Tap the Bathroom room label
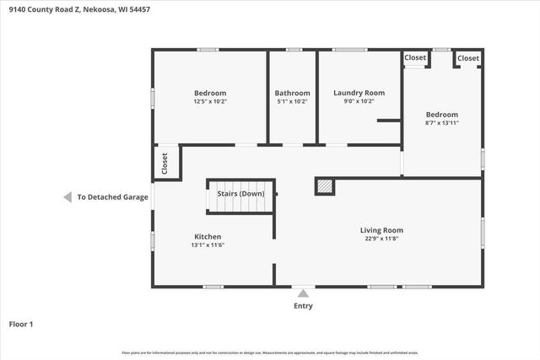tap(292, 93)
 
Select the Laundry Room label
tap(359, 93)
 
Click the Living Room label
tap(381, 229)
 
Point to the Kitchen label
tap(208, 237)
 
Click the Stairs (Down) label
tap(240, 194)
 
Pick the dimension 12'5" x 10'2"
tap(210, 101)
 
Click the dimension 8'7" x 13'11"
tap(441, 123)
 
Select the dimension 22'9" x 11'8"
tap(381, 239)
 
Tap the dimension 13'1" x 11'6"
tap(208, 245)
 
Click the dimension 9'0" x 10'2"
tap(359, 101)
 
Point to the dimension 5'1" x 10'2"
tap(292, 101)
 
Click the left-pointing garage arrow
tap(67, 197)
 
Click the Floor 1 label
tap(21, 324)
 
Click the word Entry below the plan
tap(303, 306)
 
